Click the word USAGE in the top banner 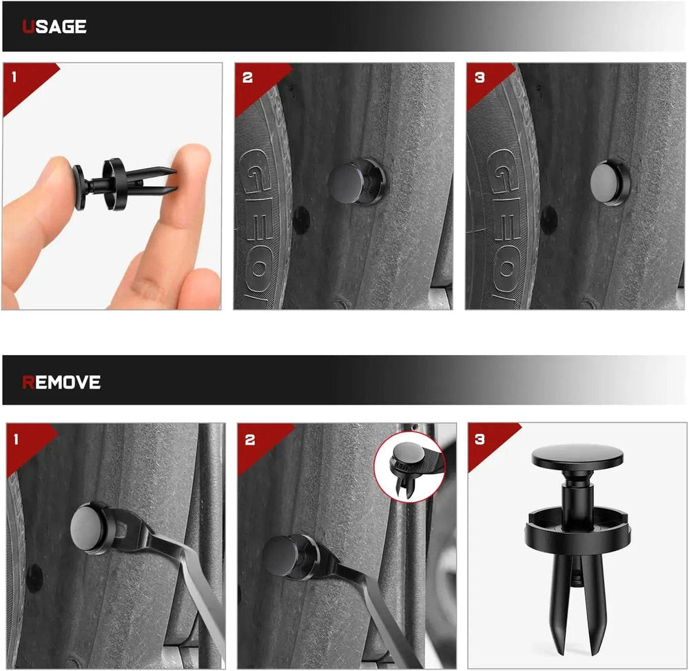[54, 27]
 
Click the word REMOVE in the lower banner [61, 382]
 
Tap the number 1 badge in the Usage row [14, 77]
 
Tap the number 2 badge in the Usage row [247, 78]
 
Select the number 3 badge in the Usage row [480, 78]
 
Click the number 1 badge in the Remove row [17, 439]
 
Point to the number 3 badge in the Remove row [480, 439]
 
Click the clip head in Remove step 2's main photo [281, 556]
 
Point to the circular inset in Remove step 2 [409, 467]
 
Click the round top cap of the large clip [577, 457]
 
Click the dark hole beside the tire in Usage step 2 [302, 220]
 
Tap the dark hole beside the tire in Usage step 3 [548, 220]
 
